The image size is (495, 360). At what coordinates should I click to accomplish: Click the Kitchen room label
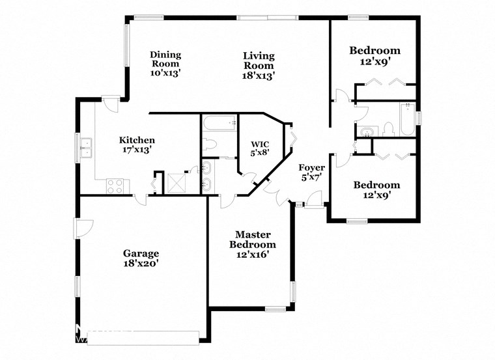coord(137,140)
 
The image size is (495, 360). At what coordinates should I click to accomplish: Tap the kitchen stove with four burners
coord(115,186)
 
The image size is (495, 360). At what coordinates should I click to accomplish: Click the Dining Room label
coord(165,59)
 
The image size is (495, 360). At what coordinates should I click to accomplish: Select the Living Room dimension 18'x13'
coord(259,75)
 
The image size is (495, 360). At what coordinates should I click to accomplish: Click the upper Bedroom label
coord(375,50)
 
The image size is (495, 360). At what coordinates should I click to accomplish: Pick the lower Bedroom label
coord(376,185)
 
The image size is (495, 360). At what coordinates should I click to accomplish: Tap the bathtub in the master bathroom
coord(219,122)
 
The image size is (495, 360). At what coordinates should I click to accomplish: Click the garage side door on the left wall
coord(83,228)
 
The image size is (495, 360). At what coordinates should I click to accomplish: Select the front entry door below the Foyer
coord(313,206)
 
